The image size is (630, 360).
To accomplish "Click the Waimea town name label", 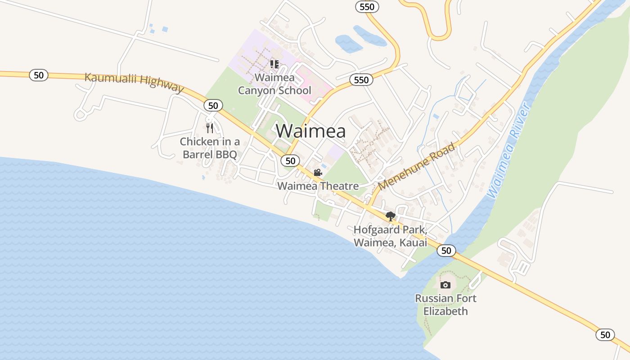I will pyautogui.click(x=310, y=131).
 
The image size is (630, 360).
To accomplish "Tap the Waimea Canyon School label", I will pyautogui.click(x=274, y=84).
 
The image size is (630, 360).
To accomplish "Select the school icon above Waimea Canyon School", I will pyautogui.click(x=274, y=64).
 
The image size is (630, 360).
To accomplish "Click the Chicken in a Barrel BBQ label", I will pyautogui.click(x=210, y=148).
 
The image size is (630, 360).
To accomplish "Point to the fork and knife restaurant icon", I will pyautogui.click(x=210, y=128).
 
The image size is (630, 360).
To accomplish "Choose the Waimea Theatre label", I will pyautogui.click(x=318, y=186).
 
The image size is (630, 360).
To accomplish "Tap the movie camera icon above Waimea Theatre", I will pyautogui.click(x=318, y=173).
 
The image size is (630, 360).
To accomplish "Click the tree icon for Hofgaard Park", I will pyautogui.click(x=390, y=216).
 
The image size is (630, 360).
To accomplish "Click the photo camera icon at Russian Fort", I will pyautogui.click(x=445, y=285).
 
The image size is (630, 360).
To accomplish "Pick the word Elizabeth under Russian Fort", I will pyautogui.click(x=445, y=311).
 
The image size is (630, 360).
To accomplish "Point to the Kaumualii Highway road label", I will pyautogui.click(x=134, y=82).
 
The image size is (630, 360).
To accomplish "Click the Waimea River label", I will pyautogui.click(x=509, y=151).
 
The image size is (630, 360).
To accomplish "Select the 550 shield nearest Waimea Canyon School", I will pyautogui.click(x=361, y=80).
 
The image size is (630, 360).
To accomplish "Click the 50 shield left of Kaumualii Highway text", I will pyautogui.click(x=39, y=75).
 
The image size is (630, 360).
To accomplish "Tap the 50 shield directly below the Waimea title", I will pyautogui.click(x=291, y=161).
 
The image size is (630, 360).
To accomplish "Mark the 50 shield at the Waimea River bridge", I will pyautogui.click(x=446, y=251).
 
